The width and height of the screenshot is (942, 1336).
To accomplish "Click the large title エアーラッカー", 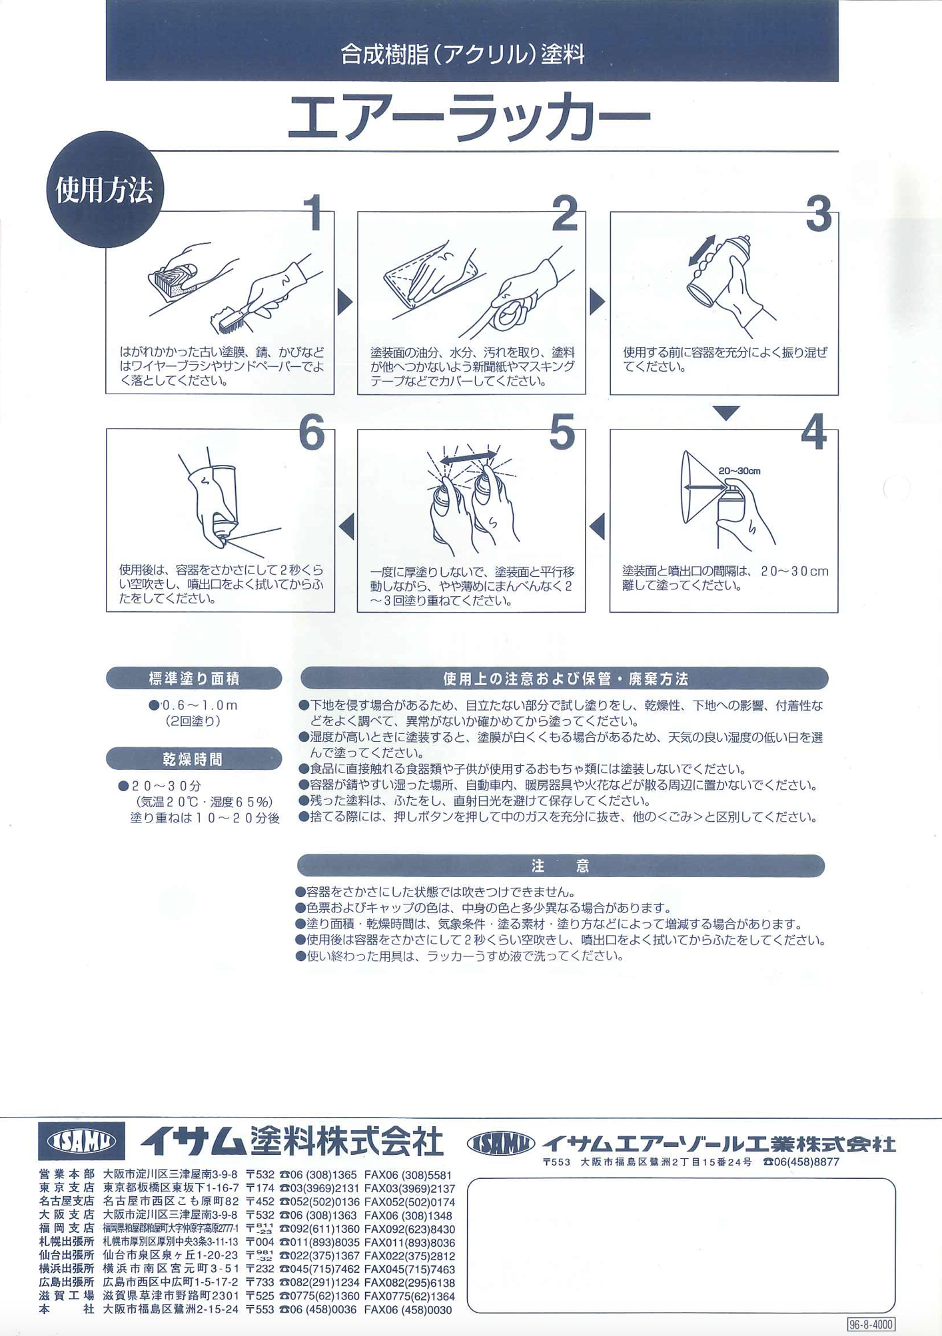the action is click(x=470, y=119).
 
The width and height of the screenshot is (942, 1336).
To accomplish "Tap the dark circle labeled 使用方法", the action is click(x=105, y=190).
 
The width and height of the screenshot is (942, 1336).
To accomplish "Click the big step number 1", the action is click(x=315, y=214).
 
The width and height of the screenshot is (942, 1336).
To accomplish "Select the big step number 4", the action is click(x=813, y=432).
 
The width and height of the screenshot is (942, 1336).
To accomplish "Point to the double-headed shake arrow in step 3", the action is click(x=702, y=250).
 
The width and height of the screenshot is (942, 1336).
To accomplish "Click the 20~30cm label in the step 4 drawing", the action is click(x=739, y=472).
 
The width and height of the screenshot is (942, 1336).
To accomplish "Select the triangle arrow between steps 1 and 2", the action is click(x=345, y=302).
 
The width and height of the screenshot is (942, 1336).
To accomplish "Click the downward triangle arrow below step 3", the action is click(x=725, y=414).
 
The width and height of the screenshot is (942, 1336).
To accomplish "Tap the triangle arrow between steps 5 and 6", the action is click(x=346, y=526).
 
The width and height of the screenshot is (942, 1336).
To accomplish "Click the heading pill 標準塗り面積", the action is click(x=194, y=679).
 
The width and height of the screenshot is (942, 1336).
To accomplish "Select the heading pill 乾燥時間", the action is click(x=194, y=759).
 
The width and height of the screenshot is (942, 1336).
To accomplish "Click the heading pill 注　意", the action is click(x=561, y=866).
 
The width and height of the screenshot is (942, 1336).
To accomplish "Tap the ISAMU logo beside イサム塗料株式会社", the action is click(x=81, y=1142).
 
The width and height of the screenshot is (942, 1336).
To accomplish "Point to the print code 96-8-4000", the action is click(x=871, y=1325).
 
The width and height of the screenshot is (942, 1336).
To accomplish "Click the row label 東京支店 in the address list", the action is click(x=67, y=1188).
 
